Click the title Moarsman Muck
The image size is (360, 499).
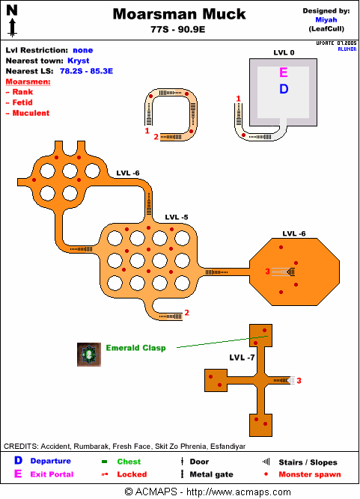pyautogui.click(x=179, y=14)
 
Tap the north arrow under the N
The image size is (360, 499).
pyautogui.click(x=13, y=27)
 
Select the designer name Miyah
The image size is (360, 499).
pyautogui.click(x=326, y=19)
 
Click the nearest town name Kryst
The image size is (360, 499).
pyautogui.click(x=79, y=61)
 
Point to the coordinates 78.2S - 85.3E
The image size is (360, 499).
pyautogui.click(x=86, y=71)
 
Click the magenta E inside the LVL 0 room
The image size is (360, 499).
pyautogui.click(x=284, y=73)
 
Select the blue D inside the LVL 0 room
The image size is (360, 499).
pyautogui.click(x=284, y=89)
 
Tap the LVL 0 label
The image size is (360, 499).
pyautogui.click(x=284, y=52)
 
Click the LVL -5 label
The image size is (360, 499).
pyautogui.click(x=177, y=218)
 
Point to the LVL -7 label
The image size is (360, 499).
pyautogui.click(x=242, y=358)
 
